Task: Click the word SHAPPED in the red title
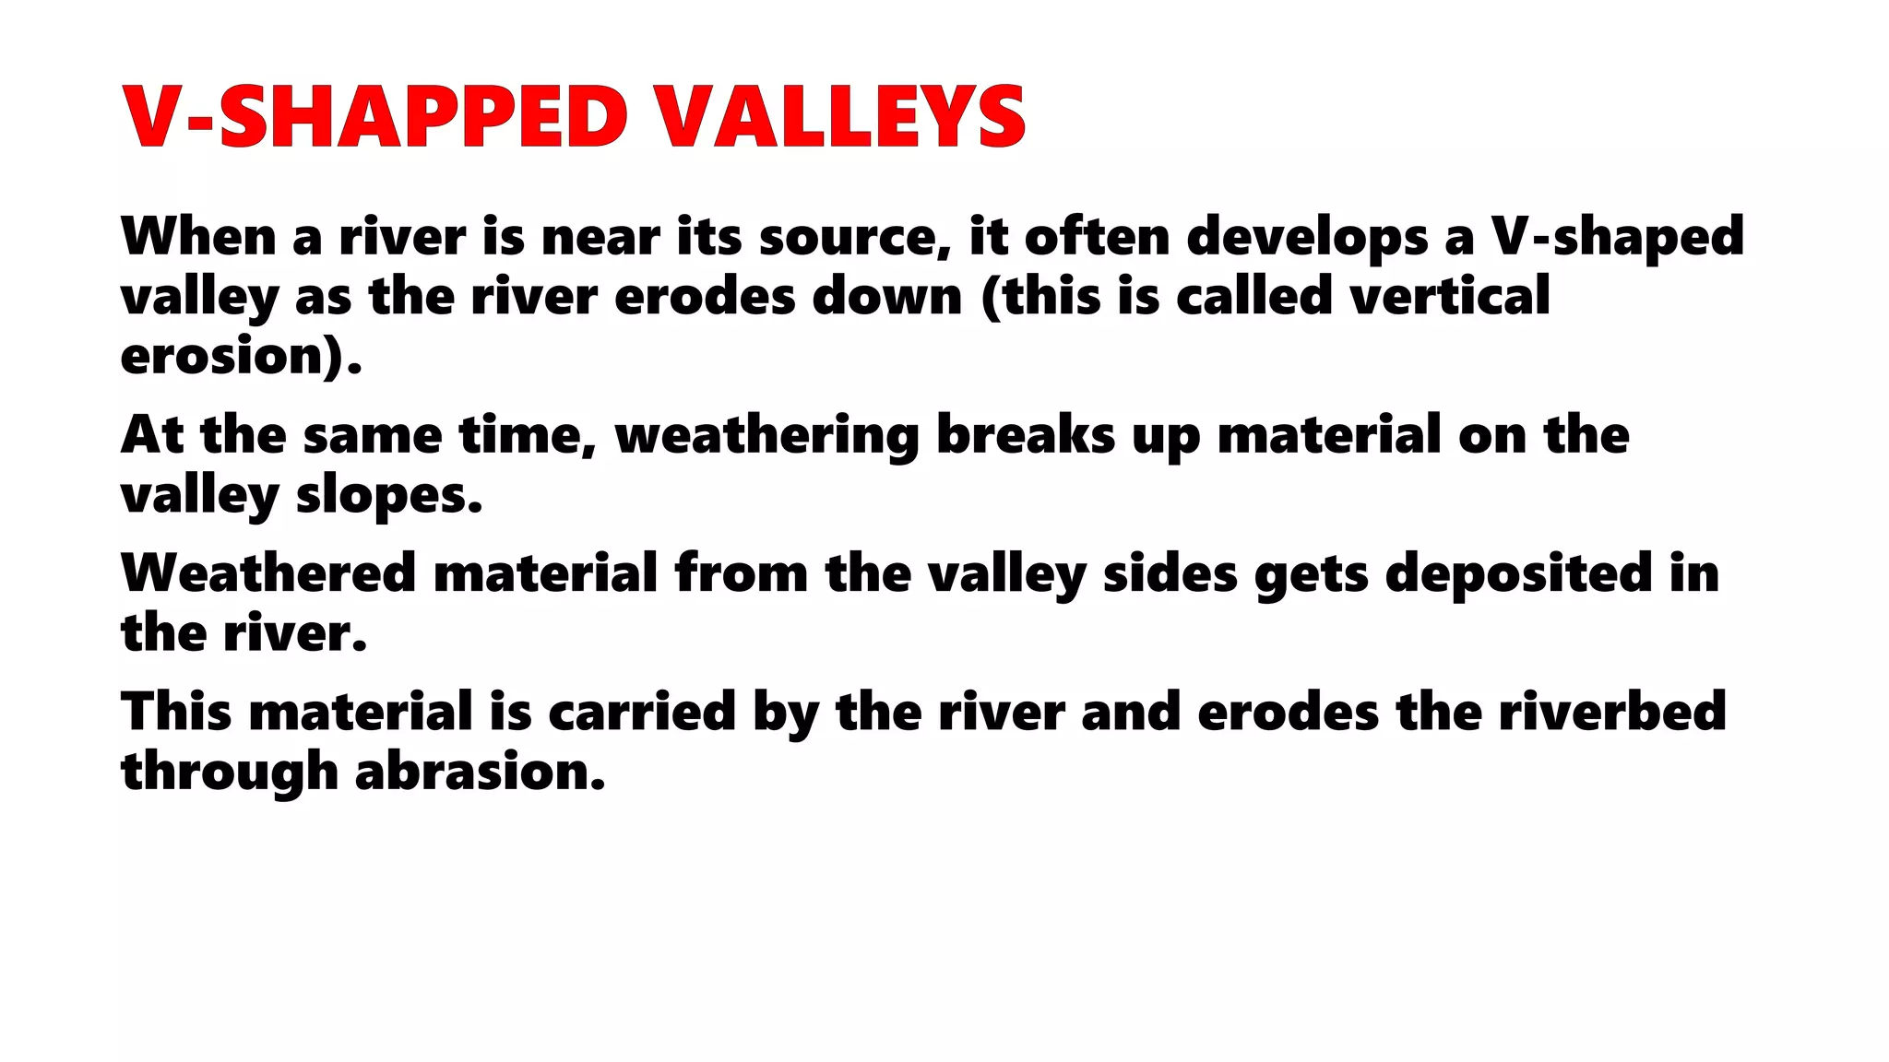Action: [423, 117]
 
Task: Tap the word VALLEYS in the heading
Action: [840, 117]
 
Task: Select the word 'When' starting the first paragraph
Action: [198, 236]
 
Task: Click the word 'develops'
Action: [1306, 238]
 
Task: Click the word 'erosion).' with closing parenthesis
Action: [241, 357]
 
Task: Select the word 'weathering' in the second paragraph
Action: [766, 436]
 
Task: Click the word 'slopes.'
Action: [389, 496]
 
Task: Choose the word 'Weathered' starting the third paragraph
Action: [268, 573]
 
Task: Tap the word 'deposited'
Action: [1518, 574]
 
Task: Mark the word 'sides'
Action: [1170, 573]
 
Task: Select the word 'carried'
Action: [641, 712]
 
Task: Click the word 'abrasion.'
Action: [480, 772]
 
